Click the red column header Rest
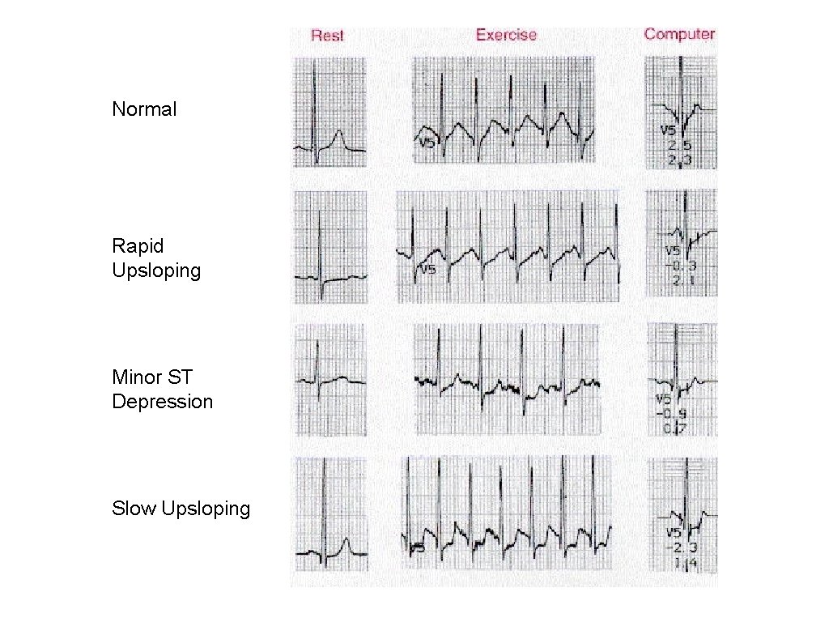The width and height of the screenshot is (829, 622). [327, 36]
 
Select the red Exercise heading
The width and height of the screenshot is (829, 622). [506, 35]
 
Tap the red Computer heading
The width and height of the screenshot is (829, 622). [679, 34]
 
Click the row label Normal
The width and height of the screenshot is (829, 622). [144, 109]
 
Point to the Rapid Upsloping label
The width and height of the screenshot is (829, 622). [156, 258]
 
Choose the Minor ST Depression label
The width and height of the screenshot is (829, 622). [162, 390]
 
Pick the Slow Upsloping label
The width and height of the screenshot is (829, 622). [181, 509]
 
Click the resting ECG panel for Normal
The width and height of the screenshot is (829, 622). [329, 112]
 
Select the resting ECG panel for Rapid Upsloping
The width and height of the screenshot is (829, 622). [330, 246]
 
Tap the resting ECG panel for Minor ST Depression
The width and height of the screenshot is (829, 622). [329, 379]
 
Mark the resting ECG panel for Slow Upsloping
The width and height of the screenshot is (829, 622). [330, 515]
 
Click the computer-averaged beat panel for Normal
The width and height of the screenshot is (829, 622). [681, 112]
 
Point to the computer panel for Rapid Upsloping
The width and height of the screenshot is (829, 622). [681, 243]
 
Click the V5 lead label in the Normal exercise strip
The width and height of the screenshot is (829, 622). [427, 143]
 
